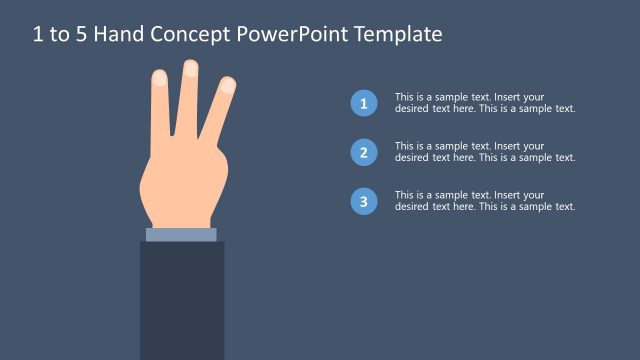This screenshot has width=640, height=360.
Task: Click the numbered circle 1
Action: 364,103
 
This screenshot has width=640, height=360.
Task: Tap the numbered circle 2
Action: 364,152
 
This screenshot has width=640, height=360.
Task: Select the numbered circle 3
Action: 364,202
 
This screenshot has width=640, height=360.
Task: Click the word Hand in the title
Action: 122,35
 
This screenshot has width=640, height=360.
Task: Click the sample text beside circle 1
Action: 485,103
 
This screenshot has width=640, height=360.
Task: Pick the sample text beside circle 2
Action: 485,152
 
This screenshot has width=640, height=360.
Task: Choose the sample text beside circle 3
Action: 485,201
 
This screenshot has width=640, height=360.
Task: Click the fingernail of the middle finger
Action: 190,68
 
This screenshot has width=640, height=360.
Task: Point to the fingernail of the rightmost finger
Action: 228,85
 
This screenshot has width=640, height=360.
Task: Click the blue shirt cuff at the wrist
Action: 181,235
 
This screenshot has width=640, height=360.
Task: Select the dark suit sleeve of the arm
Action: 181,300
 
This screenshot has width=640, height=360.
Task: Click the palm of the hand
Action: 178,185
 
